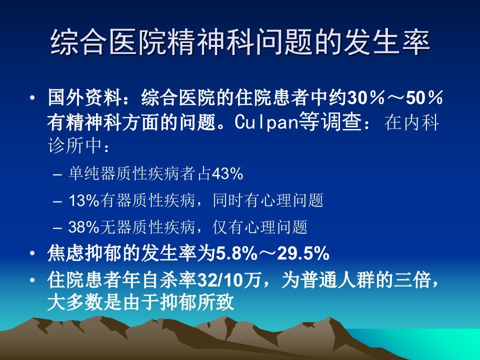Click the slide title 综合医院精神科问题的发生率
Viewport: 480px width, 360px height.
click(x=240, y=42)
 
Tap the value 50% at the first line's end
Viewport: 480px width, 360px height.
click(x=424, y=98)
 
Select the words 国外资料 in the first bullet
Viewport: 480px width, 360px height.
click(x=84, y=98)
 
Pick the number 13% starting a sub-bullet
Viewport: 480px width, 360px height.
click(x=84, y=200)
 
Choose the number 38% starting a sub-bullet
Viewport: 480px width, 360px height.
click(x=84, y=227)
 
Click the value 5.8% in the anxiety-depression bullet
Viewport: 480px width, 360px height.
click(x=236, y=254)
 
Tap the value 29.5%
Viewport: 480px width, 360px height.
click(x=303, y=254)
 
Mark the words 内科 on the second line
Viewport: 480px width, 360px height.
click(x=420, y=122)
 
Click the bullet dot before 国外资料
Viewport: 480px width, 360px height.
click(x=32, y=98)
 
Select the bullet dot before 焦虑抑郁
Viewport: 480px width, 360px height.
click(x=32, y=254)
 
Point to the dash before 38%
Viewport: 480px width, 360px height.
click(x=57, y=228)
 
